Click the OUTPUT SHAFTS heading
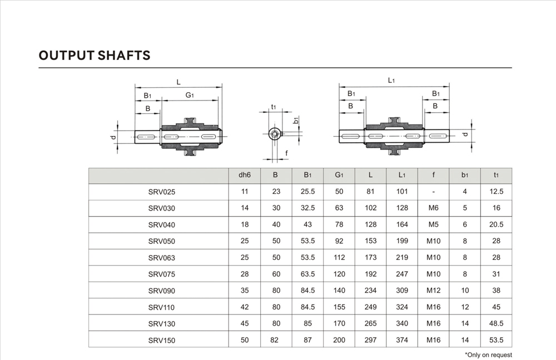tap(95, 56)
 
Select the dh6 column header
tap(245, 175)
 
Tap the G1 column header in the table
tap(339, 175)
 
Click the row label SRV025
tap(162, 192)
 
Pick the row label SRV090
tap(162, 291)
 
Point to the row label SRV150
tap(162, 341)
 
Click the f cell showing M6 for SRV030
tap(433, 208)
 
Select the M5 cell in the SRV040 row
tap(433, 224)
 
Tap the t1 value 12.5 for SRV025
tap(496, 192)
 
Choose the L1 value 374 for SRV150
tap(402, 340)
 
